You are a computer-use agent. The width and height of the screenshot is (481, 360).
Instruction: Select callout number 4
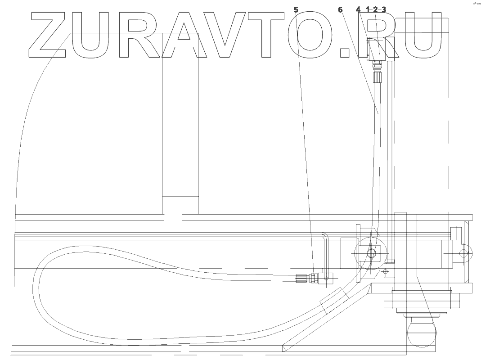(x=358, y=9)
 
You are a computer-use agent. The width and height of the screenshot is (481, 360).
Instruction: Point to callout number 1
(x=368, y=9)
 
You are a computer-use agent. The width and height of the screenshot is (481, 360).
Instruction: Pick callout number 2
(x=376, y=9)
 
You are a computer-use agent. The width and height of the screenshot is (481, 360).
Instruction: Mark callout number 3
(x=384, y=9)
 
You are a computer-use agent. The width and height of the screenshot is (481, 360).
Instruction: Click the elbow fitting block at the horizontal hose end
(x=324, y=279)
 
